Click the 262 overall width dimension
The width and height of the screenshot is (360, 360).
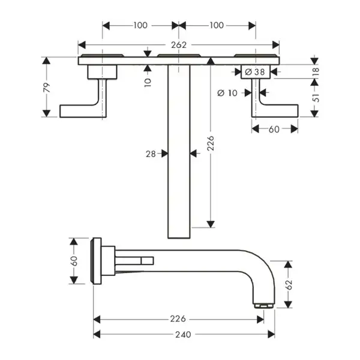[x=179, y=45]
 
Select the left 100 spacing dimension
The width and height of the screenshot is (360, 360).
[x=140, y=25]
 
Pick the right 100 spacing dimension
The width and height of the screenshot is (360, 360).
[x=217, y=25]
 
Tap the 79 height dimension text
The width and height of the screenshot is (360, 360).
[x=47, y=87]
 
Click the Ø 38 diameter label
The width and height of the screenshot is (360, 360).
[x=255, y=72]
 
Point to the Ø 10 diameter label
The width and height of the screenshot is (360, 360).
[x=227, y=93]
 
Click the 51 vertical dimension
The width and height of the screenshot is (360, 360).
[x=316, y=98]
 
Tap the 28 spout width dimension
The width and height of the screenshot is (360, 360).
[x=151, y=154]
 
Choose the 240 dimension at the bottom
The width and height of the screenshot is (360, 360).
[x=183, y=335]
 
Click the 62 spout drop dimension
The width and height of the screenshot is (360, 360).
[x=289, y=284]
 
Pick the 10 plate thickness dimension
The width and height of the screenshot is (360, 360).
[x=148, y=82]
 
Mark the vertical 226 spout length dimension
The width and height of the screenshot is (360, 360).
[x=211, y=143]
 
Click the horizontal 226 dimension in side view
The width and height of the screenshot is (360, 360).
[x=178, y=319]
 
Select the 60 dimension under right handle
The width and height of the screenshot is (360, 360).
[x=274, y=129]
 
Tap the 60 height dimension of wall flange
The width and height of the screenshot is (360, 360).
[x=74, y=261]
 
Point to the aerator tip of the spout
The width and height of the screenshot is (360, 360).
[x=264, y=305]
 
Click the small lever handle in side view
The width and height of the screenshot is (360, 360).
[x=134, y=261]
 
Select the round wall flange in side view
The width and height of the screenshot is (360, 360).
[x=97, y=261]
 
